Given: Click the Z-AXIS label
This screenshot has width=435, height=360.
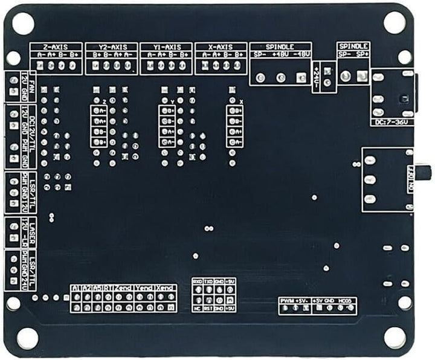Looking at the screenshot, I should [56, 47].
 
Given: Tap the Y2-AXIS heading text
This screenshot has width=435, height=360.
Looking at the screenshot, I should [112, 47].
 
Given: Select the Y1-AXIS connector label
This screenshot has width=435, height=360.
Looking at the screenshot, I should [166, 47].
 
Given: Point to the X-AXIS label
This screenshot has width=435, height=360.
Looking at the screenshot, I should [221, 47].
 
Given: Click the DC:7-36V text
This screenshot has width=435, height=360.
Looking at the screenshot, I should [391, 122].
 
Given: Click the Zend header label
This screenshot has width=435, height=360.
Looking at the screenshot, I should [124, 289].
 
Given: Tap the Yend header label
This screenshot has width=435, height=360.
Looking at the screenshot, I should [145, 289].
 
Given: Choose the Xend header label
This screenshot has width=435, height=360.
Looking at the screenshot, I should [166, 289].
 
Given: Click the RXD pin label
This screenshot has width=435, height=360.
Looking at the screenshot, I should [198, 281].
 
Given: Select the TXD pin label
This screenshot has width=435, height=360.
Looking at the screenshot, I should [208, 281].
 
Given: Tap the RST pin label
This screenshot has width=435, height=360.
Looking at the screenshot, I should [208, 309].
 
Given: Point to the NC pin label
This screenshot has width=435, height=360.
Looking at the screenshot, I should [198, 309].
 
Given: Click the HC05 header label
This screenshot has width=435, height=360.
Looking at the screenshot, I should [346, 300].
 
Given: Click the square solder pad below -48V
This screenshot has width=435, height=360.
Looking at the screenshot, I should [301, 77].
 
